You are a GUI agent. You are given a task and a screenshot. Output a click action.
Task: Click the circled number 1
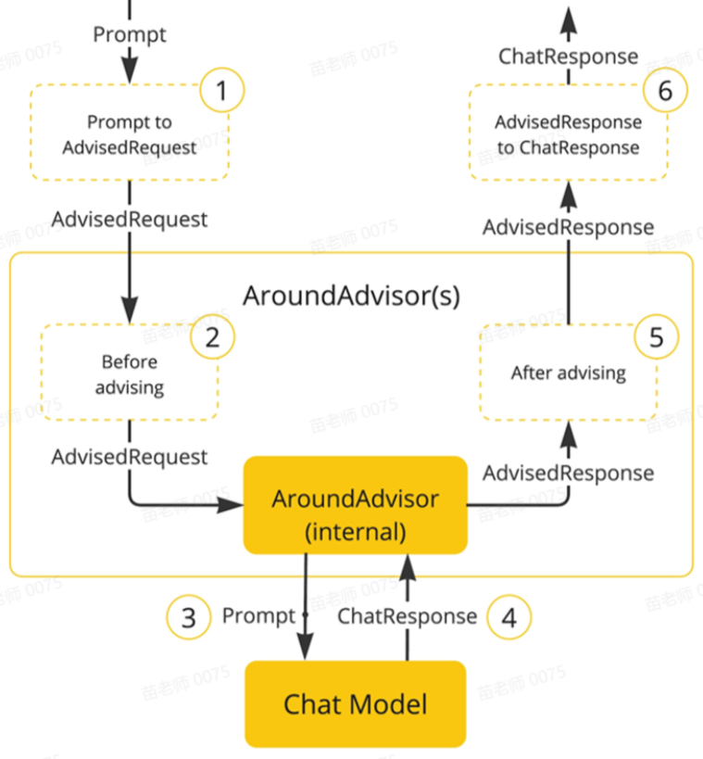pos(220,91)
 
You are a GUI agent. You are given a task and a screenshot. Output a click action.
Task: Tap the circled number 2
pos(213,337)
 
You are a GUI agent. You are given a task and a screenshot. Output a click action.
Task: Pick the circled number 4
pos(508,617)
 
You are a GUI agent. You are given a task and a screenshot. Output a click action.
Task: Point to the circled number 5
pos(657,337)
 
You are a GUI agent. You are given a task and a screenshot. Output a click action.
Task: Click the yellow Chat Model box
pos(356,704)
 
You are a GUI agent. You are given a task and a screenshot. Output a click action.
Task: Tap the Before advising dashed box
pos(130,373)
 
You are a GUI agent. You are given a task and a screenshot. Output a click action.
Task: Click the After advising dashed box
pos(568,373)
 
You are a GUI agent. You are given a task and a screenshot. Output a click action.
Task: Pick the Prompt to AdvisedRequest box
pos(130,134)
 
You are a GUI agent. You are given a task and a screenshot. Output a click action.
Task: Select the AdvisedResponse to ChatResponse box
pos(568,134)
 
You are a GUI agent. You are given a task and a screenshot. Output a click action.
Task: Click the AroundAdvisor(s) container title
pos(351,296)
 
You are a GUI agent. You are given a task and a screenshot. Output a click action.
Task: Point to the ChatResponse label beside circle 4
pos(407,616)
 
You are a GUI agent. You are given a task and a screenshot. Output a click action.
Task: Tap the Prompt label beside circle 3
pos(258,616)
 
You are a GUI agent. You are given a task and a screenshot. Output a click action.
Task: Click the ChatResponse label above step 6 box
pos(568,57)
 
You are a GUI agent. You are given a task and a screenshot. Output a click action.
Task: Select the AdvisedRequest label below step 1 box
pos(130,220)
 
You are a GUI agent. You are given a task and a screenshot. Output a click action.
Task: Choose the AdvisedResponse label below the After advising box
pos(568,473)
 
